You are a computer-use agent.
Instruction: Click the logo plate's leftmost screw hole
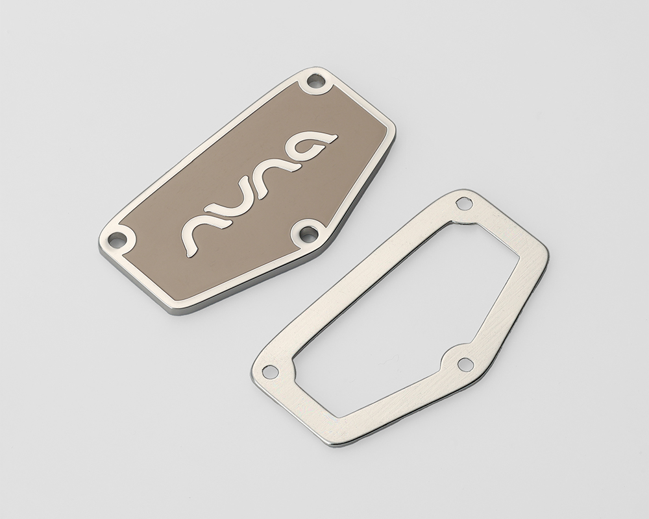(x=117, y=239)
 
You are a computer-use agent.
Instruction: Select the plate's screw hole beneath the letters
(x=307, y=233)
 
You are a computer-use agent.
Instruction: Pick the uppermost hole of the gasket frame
(x=463, y=204)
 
